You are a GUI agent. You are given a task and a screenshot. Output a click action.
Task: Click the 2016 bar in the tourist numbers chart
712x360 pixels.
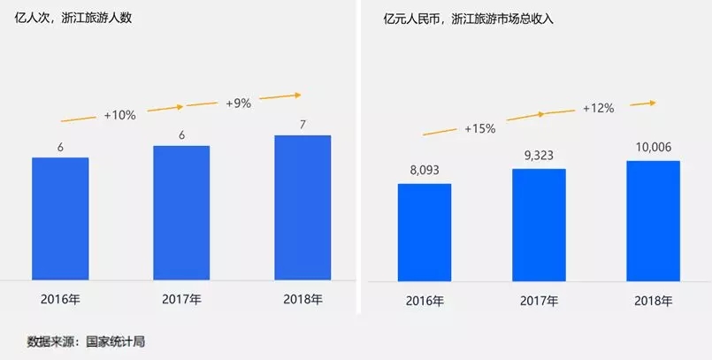click(60, 218)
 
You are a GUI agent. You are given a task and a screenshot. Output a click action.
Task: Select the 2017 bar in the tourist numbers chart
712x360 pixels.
click(181, 212)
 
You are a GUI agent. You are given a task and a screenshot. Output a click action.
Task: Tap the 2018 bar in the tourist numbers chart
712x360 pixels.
click(302, 207)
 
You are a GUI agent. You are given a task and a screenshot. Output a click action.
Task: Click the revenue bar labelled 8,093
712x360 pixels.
click(424, 233)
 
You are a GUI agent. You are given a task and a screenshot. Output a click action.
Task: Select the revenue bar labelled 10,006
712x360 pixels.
click(653, 221)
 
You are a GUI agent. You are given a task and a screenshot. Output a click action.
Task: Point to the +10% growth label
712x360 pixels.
click(119, 115)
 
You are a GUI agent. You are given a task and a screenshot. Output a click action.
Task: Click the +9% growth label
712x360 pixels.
click(238, 103)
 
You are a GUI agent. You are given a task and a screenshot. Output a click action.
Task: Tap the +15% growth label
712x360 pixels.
click(479, 128)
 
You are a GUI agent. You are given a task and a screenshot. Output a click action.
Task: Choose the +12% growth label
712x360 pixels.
click(598, 108)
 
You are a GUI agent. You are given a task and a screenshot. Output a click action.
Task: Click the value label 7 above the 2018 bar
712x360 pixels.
click(302, 124)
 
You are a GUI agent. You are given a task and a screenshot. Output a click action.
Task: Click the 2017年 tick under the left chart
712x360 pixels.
click(181, 299)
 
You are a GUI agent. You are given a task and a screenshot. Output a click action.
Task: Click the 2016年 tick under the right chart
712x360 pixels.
click(424, 301)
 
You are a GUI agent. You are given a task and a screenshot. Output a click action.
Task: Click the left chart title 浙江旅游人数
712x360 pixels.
click(97, 19)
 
